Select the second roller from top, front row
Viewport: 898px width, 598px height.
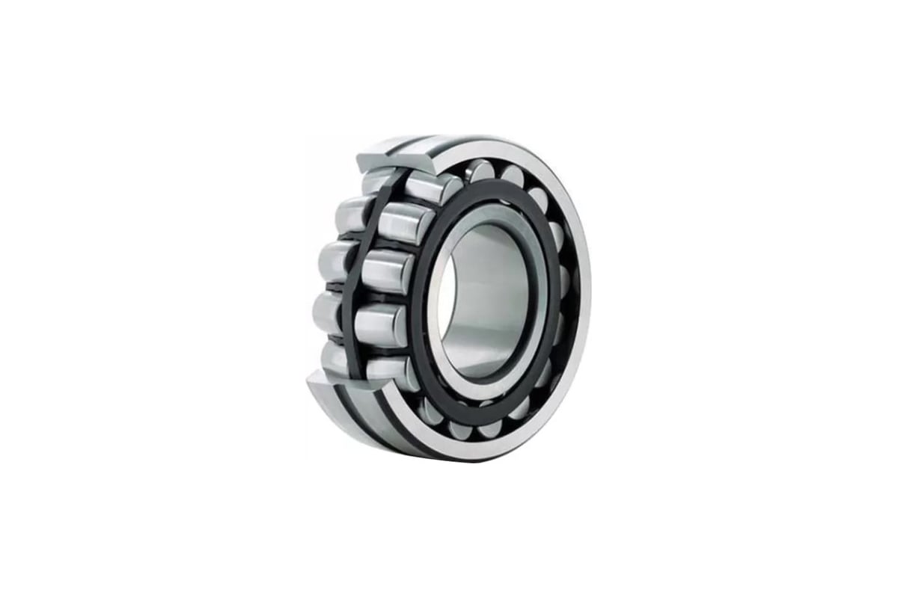coord(405,223)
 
